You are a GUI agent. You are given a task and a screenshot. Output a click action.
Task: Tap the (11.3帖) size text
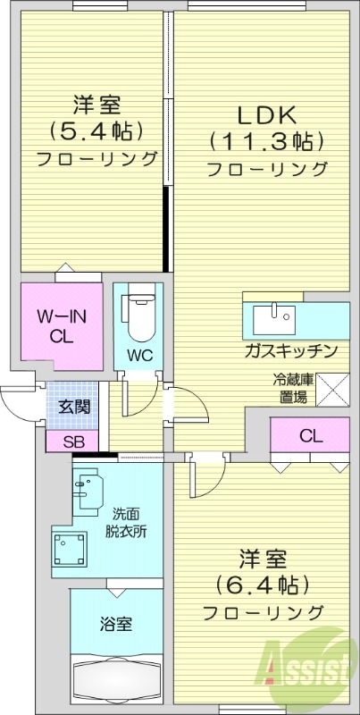tap(265, 140)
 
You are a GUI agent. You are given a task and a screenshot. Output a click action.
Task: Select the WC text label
tap(139, 355)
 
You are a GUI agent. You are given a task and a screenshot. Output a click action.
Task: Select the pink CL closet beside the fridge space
tap(310, 437)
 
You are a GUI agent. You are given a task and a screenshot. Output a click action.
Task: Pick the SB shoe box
tap(73, 440)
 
